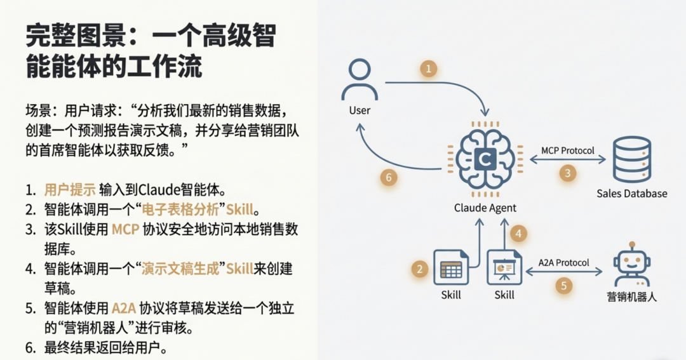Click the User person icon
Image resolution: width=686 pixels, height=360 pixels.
[360, 79]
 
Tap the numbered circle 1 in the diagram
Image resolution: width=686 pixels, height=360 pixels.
[429, 69]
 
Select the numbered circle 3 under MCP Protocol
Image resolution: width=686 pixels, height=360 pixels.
[568, 172]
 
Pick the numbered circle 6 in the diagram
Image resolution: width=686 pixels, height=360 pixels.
[389, 177]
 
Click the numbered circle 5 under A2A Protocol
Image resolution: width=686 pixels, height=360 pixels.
[563, 285]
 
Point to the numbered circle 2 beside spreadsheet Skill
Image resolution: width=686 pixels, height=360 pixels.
[419, 269]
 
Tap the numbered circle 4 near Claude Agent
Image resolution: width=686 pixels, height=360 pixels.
[518, 234]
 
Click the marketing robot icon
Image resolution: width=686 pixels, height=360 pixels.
[631, 266]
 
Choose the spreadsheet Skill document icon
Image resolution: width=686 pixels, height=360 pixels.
[450, 267]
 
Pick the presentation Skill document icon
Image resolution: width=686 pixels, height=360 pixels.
[504, 267]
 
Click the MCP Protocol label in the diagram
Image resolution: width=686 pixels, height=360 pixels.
[568, 150]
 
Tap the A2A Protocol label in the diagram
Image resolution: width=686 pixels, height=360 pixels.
[563, 262]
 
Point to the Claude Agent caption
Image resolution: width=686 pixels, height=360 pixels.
[485, 208]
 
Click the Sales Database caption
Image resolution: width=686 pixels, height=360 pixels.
[631, 193]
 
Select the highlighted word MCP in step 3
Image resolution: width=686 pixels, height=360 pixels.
[124, 229]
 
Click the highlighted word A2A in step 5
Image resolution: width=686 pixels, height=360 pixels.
[124, 309]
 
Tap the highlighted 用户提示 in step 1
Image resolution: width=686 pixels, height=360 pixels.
[70, 189]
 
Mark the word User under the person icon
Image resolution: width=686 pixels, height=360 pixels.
[360, 110]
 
